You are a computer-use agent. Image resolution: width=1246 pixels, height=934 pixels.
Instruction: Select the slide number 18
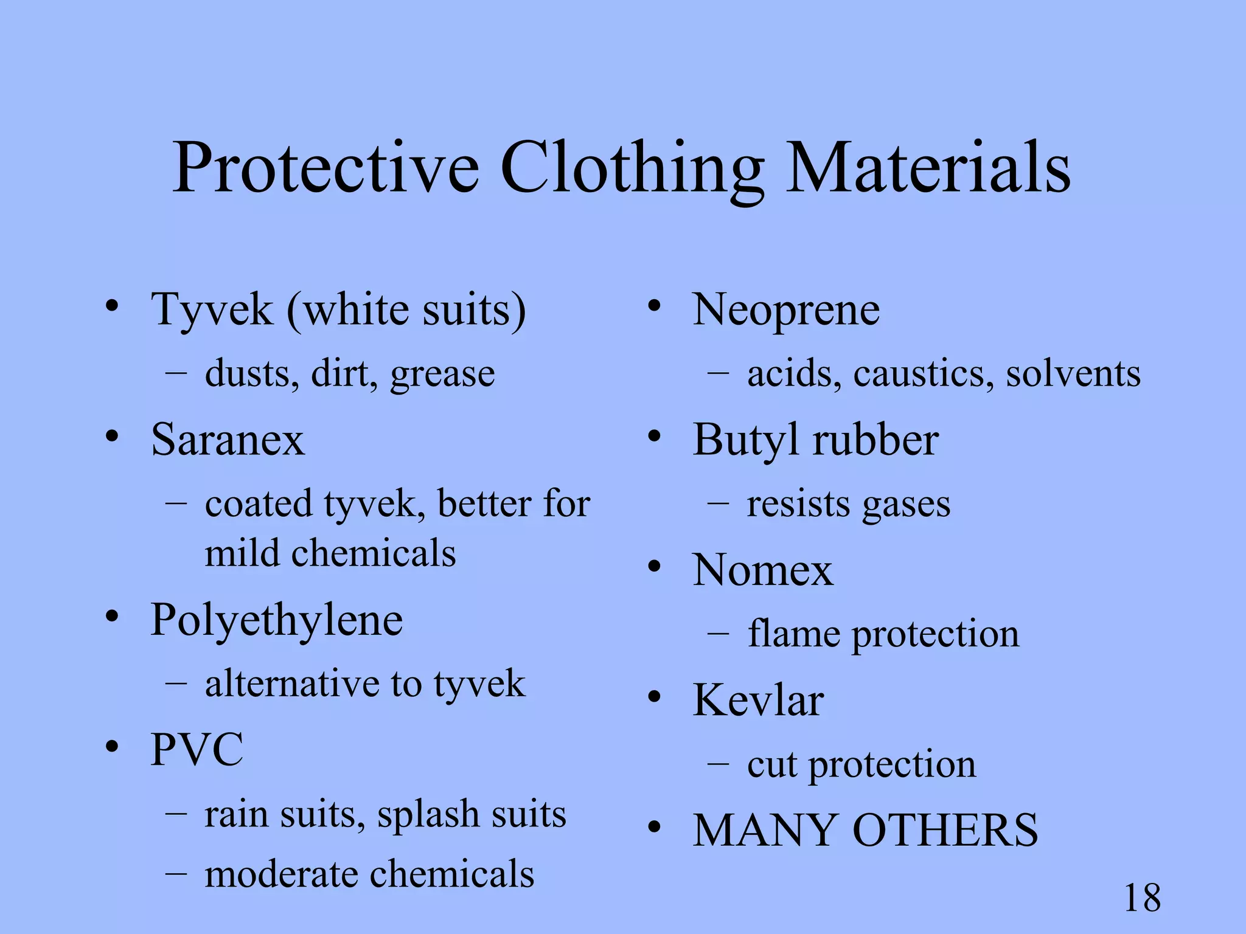point(1142,898)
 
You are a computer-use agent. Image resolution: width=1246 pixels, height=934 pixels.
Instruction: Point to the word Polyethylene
point(277,620)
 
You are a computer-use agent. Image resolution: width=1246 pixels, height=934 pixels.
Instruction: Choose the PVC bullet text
point(197,749)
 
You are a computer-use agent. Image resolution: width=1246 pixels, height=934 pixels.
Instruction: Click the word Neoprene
point(786,310)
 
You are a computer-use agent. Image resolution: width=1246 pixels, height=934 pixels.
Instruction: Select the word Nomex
point(763,570)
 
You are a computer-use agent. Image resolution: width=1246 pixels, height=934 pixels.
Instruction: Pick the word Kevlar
point(758,700)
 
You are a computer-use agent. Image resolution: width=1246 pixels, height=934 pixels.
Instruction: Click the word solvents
point(1073,373)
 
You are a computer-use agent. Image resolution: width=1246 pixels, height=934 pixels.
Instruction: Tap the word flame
point(794,634)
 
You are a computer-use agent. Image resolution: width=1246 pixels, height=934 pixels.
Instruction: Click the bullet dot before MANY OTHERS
point(654,827)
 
